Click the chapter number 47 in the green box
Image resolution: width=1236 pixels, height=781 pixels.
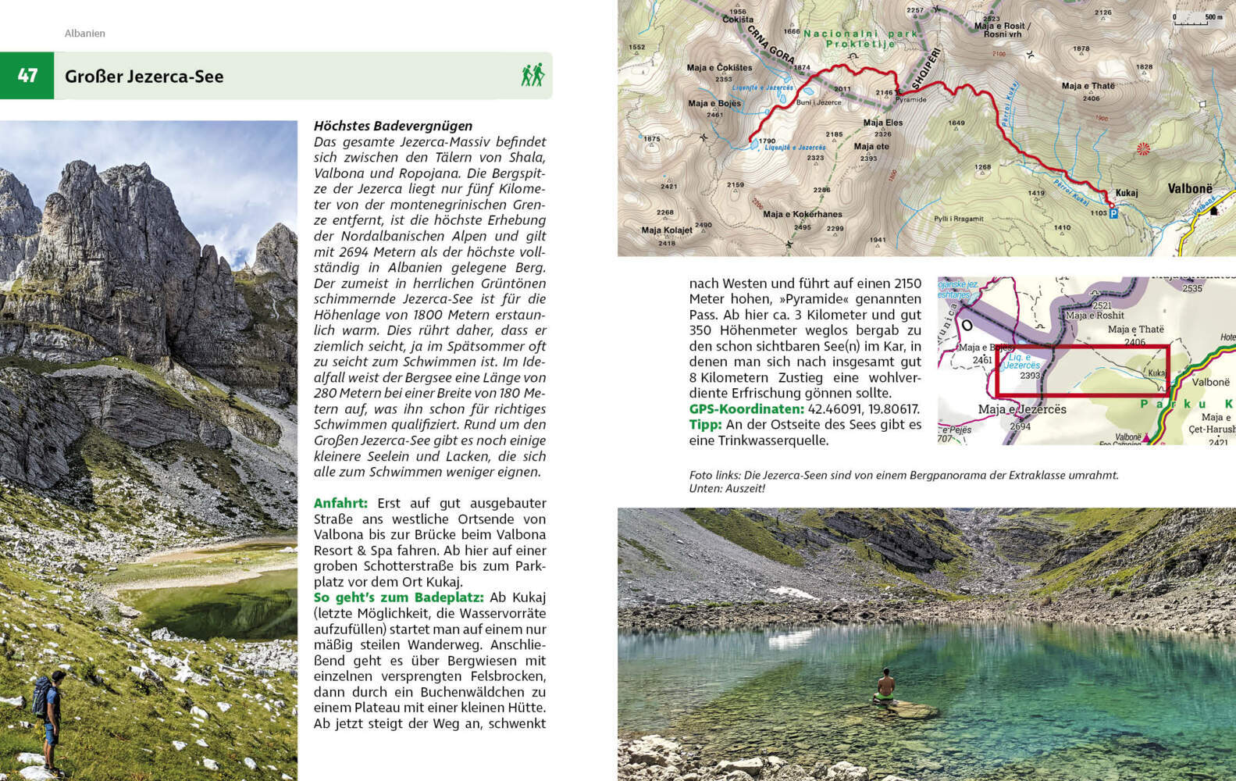click(27, 76)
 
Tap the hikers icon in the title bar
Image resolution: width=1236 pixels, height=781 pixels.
click(533, 76)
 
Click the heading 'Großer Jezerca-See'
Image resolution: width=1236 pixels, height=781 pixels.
click(144, 77)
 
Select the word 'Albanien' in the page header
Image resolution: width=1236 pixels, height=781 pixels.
click(84, 34)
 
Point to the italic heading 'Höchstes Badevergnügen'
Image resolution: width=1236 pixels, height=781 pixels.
click(393, 126)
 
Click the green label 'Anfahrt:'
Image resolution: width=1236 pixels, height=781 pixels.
click(340, 503)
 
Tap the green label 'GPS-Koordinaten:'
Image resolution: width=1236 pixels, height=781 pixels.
click(746, 408)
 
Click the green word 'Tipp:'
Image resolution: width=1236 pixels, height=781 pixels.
click(705, 424)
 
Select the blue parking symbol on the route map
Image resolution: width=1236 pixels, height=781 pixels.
click(1113, 213)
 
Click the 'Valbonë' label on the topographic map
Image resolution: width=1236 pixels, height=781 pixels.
click(1190, 189)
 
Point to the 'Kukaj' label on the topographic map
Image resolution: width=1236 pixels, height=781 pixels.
click(1127, 193)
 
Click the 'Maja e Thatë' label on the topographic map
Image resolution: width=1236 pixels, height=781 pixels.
click(1088, 86)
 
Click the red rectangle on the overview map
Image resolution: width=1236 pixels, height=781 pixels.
click(1082, 371)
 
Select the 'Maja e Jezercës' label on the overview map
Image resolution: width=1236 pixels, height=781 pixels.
click(1022, 409)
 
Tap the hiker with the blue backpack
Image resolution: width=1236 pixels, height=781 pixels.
click(47, 715)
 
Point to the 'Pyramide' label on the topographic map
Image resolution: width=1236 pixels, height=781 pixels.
click(910, 100)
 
